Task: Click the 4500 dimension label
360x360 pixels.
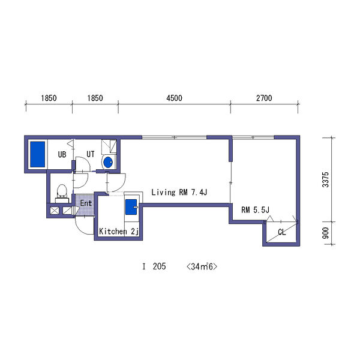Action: [x=174, y=98]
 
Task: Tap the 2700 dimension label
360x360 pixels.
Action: [x=264, y=98]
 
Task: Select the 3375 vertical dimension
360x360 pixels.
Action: [x=326, y=180]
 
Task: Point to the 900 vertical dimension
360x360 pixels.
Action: [x=326, y=233]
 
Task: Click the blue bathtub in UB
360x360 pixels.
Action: [x=38, y=154]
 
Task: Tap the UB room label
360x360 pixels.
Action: [x=62, y=155]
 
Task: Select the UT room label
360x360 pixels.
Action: [x=91, y=154]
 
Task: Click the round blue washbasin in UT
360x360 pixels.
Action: [x=108, y=163]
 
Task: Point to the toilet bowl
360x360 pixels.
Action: [x=62, y=191]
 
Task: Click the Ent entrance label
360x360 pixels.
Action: [x=86, y=203]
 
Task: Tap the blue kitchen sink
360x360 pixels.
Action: [x=131, y=207]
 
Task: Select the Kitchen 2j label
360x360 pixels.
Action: [x=119, y=232]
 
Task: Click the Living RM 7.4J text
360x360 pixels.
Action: [x=179, y=192]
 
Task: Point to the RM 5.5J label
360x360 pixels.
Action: [x=256, y=210]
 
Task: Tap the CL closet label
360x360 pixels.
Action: [x=282, y=232]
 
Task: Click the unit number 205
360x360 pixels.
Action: [x=160, y=266]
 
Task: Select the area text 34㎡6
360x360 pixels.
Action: [x=202, y=266]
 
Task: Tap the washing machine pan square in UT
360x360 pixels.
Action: [x=109, y=146]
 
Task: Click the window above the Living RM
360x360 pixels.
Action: [x=174, y=137]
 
